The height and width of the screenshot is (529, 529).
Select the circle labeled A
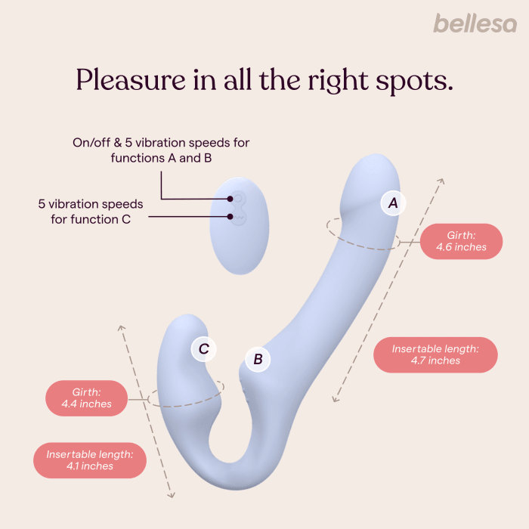(x=392, y=203)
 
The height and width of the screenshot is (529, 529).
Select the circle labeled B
(x=258, y=359)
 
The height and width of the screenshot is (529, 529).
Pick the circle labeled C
(x=203, y=348)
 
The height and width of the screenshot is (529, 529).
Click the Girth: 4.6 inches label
(x=461, y=241)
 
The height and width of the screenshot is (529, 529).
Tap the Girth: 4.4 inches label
(x=87, y=398)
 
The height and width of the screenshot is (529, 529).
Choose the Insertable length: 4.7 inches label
(x=435, y=354)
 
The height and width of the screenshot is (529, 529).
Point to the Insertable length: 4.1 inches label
(x=90, y=459)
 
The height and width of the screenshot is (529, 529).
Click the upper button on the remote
(x=238, y=199)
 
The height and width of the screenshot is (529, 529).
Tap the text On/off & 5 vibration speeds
(x=160, y=142)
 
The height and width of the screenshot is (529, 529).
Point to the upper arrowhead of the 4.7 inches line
(x=442, y=181)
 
